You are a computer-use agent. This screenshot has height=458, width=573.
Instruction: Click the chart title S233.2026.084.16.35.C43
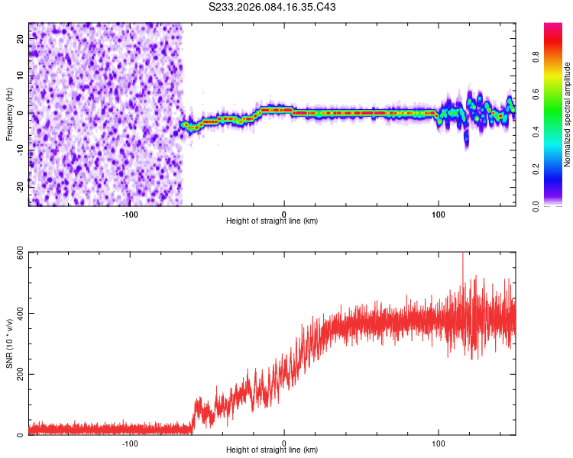[273, 8]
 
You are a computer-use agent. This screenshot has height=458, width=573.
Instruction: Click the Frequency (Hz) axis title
[9, 114]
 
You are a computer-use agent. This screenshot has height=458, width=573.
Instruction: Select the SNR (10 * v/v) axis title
[9, 343]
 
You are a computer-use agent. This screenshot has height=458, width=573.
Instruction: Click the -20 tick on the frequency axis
[21, 186]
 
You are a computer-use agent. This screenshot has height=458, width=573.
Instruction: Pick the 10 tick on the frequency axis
[21, 76]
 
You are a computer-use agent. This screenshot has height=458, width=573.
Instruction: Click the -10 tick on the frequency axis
[21, 150]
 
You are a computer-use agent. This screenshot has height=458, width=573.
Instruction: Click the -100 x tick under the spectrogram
[129, 213]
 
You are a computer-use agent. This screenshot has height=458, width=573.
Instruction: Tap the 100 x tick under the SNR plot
[439, 443]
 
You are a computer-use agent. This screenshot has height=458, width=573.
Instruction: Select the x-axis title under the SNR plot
[272, 452]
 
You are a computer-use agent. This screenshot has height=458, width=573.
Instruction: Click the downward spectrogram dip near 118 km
[466, 140]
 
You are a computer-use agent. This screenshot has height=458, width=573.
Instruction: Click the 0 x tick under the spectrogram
[284, 213]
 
